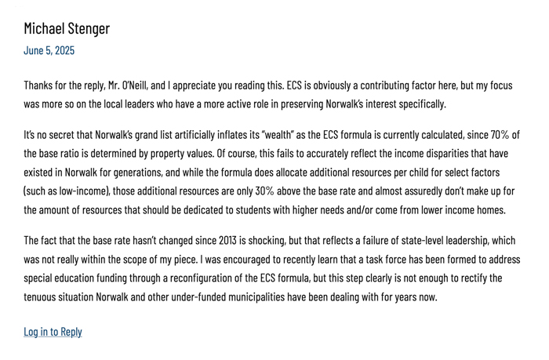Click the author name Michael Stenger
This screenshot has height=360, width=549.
point(67,29)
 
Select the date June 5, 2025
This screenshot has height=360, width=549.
point(49,50)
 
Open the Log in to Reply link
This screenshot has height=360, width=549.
point(53,331)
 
